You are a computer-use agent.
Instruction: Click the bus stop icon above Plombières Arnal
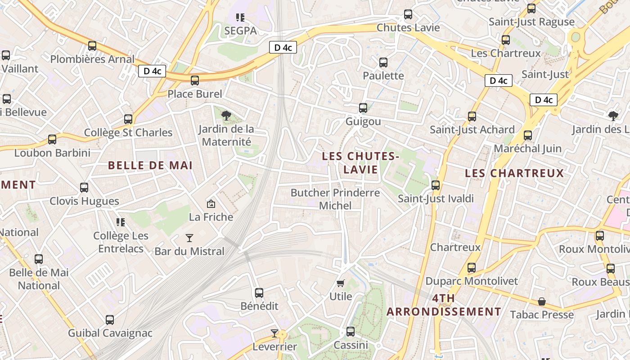pos(92,45)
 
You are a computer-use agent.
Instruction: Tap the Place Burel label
pos(195,94)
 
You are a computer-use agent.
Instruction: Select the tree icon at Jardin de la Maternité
pos(226,116)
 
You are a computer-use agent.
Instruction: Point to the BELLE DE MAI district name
pos(150,165)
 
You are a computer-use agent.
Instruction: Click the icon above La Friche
pos(211,204)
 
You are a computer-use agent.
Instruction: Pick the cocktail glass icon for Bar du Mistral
pos(189,238)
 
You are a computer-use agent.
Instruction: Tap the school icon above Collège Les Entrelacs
pos(120,222)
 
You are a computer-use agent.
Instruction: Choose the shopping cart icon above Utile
pos(341,283)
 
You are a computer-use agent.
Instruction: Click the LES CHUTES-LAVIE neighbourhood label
pos(360,162)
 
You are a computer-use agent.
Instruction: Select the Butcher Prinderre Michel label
pos(335,199)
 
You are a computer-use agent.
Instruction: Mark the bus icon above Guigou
pos(363,108)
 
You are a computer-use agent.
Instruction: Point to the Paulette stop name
pos(383,76)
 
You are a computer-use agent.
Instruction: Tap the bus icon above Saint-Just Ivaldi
pos(435,185)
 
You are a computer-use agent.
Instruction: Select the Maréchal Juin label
pos(528,148)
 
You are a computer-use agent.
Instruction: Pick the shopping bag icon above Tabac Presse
pos(542,301)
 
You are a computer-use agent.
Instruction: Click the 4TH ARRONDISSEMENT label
pos(444,305)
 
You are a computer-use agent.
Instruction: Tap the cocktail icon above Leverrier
pos(274,333)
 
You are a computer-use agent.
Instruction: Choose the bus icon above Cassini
pos(351,332)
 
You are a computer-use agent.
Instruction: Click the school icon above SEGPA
pos(240,18)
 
